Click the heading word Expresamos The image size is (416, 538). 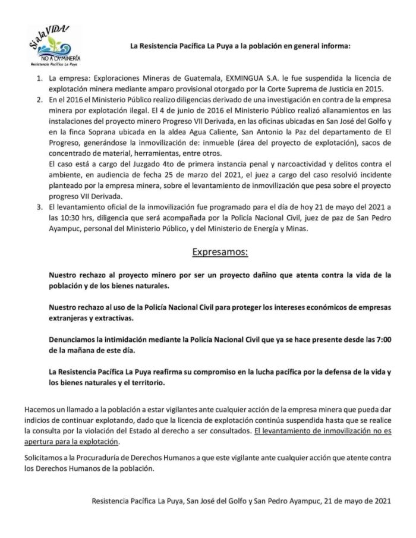tap(220, 251)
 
